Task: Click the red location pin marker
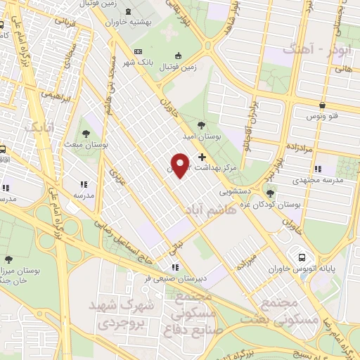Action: point(180,165)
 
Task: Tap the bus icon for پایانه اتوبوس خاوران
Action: point(302,258)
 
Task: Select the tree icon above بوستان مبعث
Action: point(86,132)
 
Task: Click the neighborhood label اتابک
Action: point(39,127)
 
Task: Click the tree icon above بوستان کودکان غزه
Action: point(271,193)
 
